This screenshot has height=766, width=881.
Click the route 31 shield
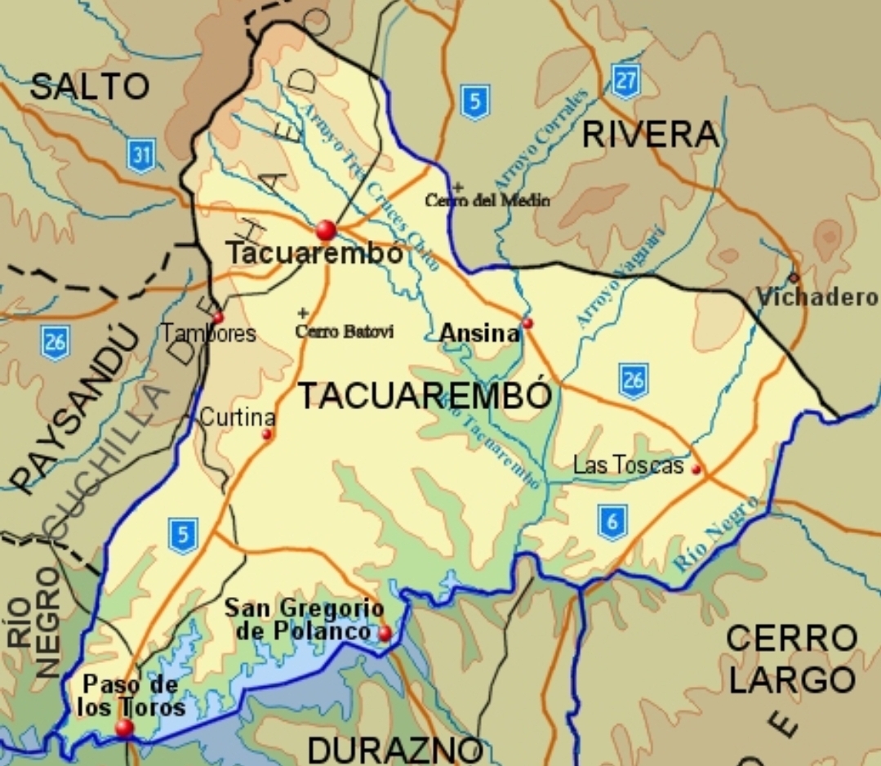[141, 155]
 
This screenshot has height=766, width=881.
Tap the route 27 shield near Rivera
[625, 82]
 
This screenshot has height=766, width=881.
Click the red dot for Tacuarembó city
[326, 229]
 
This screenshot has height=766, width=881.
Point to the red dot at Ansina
[527, 323]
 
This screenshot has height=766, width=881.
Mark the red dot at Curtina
[266, 434]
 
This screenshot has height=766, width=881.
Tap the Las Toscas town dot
[696, 470]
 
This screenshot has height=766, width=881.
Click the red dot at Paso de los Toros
[124, 727]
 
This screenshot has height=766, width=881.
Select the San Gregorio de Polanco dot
[385, 633]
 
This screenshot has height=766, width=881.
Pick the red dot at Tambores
[218, 318]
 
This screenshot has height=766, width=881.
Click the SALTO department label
[90, 87]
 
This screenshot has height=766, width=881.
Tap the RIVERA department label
[651, 136]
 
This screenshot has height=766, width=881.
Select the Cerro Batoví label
[345, 332]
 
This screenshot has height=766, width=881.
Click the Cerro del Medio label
[487, 200]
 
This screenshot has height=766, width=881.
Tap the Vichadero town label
[816, 298]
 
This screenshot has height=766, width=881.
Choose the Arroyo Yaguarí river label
[621, 278]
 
